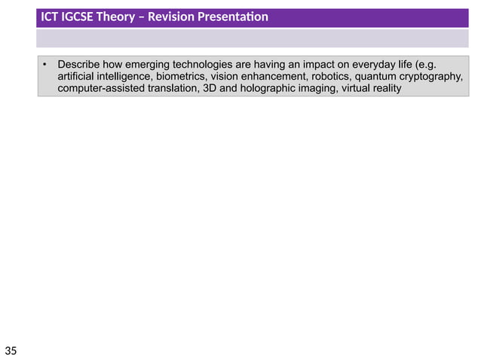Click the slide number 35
click(11, 350)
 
